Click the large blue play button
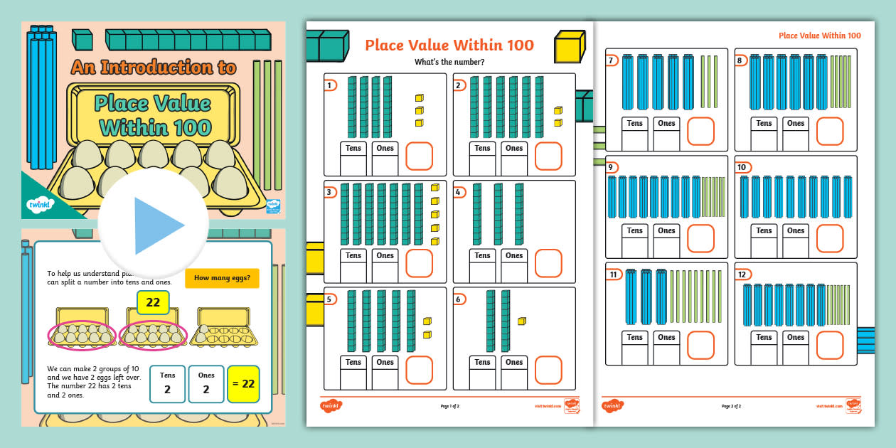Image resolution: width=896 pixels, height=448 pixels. pyautogui.click(x=153, y=225)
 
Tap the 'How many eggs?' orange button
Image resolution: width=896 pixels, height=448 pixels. pyautogui.click(x=222, y=278)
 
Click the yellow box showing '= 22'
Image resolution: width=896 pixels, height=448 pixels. pyautogui.click(x=243, y=384)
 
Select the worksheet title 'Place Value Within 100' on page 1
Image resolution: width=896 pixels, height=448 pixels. pyautogui.click(x=449, y=46)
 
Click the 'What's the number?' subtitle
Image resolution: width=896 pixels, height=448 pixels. pyautogui.click(x=449, y=63)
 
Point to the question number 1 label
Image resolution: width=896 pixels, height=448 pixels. pyautogui.click(x=330, y=86)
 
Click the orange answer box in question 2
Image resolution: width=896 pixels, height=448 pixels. pyautogui.click(x=548, y=156)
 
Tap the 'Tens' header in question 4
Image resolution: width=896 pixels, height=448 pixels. pyautogui.click(x=482, y=255)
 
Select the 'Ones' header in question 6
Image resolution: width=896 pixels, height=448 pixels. pyautogui.click(x=514, y=362)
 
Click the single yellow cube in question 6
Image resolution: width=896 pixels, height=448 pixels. pyautogui.click(x=522, y=321)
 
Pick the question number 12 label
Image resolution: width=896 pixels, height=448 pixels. pyautogui.click(x=742, y=274)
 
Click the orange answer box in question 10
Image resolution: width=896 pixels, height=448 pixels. pyautogui.click(x=830, y=238)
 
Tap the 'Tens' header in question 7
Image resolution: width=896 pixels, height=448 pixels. pyautogui.click(x=635, y=124)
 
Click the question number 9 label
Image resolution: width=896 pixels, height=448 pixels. pyautogui.click(x=612, y=168)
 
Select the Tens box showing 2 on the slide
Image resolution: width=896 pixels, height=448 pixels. pyautogui.click(x=168, y=384)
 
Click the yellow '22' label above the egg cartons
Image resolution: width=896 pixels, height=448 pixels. pyautogui.click(x=153, y=302)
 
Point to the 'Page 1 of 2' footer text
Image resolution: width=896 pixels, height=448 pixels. pyautogui.click(x=450, y=406)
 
